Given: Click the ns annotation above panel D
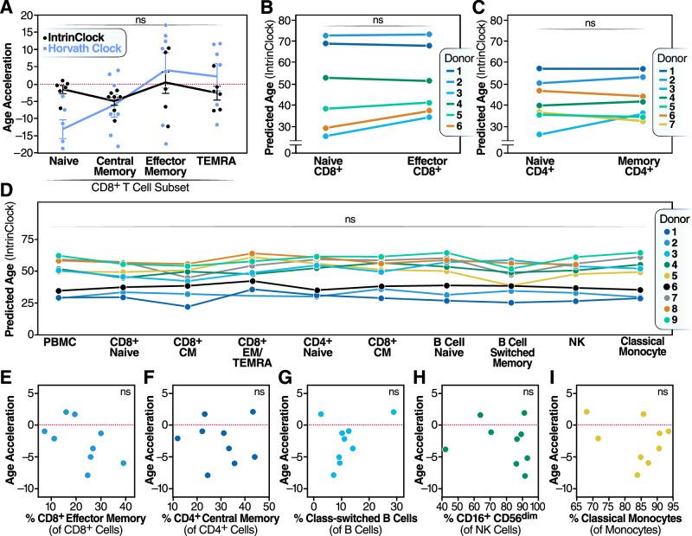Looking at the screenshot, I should (x=349, y=220).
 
